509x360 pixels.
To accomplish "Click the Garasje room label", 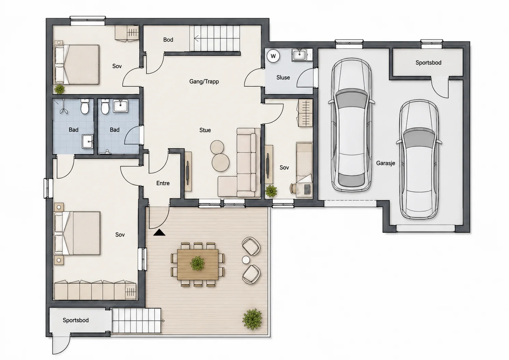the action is pos(386,163).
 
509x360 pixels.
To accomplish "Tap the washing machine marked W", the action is pos(273,56).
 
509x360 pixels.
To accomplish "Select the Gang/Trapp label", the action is pos(204,82).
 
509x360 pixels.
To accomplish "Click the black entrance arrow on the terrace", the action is pos(159,232).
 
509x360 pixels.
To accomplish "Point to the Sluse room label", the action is pos(283,77).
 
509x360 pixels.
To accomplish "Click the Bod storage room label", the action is pos(168,40).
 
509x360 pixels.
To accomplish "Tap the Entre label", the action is pos(163,183).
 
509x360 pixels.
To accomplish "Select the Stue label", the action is pos(205,130).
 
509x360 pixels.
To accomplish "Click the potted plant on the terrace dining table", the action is pos(197,263).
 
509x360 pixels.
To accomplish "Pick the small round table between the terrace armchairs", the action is pos(246,260).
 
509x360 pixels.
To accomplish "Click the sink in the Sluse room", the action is pos(299,55).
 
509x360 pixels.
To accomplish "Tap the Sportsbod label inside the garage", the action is pos(428,63).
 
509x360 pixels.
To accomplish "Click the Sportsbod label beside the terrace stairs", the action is pos(76,320).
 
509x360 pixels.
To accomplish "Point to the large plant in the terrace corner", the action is pos(252,319).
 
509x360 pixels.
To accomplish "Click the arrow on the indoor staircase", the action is pos(197,39).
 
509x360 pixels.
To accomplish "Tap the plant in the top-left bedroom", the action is pos(59,89).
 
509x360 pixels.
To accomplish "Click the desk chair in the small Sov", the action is pos(293,188).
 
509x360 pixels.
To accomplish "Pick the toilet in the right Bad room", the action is pos(105,106).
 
